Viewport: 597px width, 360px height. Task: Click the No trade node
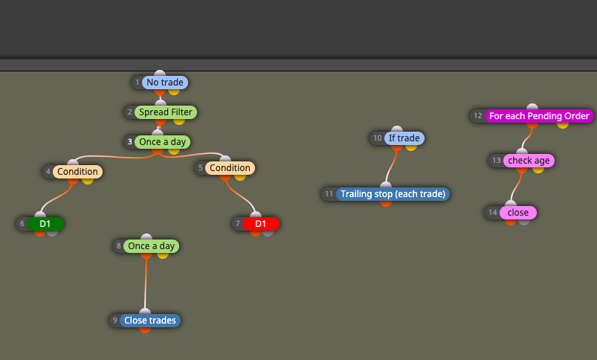165,83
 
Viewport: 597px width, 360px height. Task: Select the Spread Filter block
166,112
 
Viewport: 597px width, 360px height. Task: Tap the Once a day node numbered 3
162,142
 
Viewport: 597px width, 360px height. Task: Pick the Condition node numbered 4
77,171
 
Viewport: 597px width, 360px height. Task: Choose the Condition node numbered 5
230,167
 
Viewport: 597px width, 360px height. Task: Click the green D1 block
45,224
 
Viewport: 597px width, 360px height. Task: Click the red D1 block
261,224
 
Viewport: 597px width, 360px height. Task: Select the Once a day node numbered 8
151,245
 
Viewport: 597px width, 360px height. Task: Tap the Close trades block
150,321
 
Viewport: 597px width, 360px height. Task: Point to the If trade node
404,138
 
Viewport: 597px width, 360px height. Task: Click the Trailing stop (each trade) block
393,194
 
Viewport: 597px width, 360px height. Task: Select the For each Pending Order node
539,116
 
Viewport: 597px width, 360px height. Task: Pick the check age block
529,161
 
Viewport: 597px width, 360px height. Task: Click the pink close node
517,213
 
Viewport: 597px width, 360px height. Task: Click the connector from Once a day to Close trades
146,283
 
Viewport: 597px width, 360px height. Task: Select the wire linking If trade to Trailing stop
391,166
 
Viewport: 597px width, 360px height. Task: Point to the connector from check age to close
516,187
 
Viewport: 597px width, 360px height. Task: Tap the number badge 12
478,116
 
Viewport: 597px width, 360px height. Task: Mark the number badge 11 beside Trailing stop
329,194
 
